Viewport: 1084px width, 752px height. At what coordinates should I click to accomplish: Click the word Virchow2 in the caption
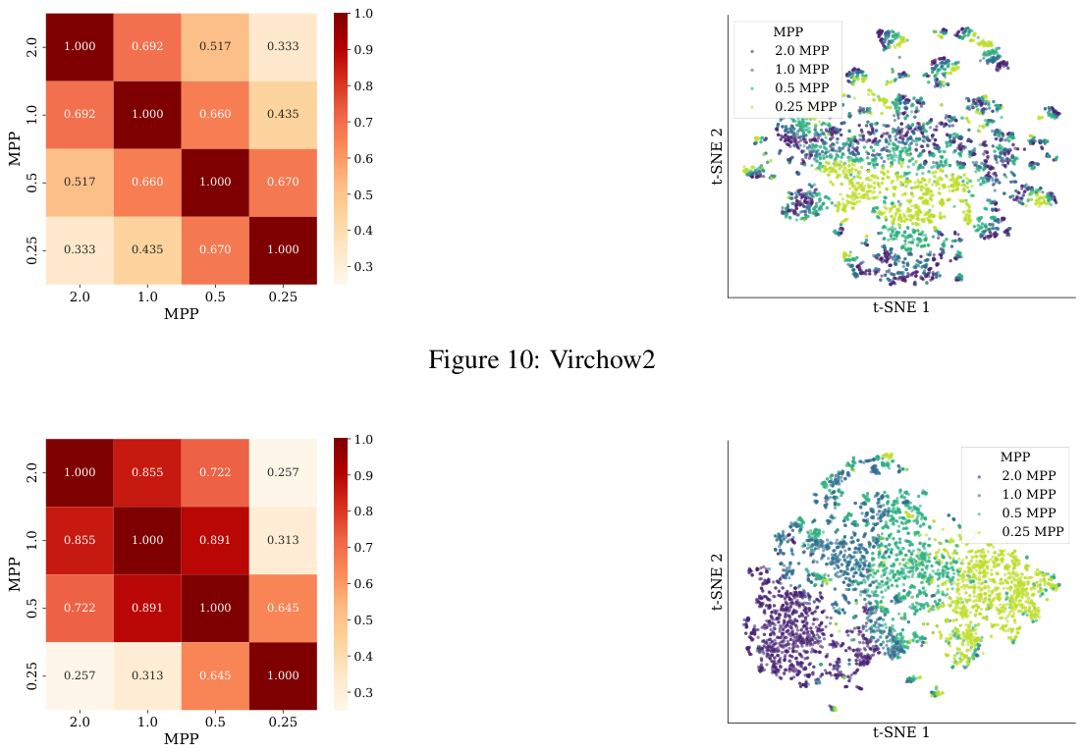coord(602,359)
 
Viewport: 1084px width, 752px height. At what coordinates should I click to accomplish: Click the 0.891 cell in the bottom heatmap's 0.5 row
coord(148,609)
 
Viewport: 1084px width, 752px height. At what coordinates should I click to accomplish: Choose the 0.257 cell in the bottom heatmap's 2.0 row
coord(284,473)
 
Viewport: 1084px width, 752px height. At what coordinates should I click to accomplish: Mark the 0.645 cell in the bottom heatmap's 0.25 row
coord(216,676)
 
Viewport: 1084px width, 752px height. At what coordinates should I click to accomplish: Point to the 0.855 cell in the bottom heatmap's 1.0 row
coord(81,541)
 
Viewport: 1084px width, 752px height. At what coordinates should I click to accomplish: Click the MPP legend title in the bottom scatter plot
coord(1015,457)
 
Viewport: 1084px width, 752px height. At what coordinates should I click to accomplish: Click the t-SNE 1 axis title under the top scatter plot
coord(901,307)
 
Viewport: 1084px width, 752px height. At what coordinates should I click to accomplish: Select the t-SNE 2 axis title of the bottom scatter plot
coord(717,582)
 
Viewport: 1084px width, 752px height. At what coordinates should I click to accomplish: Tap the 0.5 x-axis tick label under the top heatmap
coord(216,297)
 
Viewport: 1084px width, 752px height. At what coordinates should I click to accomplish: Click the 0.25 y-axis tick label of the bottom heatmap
coord(31,676)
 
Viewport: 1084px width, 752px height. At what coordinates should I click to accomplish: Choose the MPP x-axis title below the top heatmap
coord(181,314)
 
